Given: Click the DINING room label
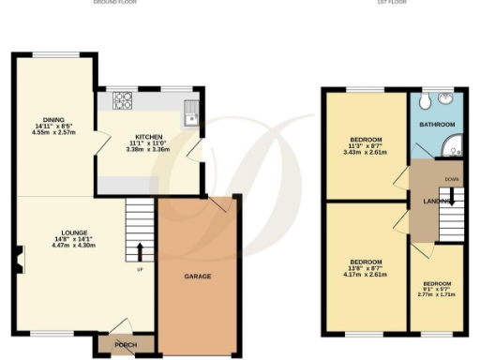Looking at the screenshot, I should (52, 120).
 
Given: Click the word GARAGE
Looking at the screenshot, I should (197, 277).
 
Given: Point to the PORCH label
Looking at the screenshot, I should (125, 344).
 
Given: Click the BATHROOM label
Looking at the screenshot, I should (437, 125).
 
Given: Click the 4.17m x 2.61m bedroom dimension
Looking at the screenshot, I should (366, 275).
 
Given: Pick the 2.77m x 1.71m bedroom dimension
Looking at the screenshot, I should (437, 294).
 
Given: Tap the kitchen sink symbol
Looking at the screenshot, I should (190, 112).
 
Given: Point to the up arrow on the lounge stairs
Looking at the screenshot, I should (141, 250).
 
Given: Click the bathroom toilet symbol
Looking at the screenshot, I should (427, 98).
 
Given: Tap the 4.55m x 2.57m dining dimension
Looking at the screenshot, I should (52, 133).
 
